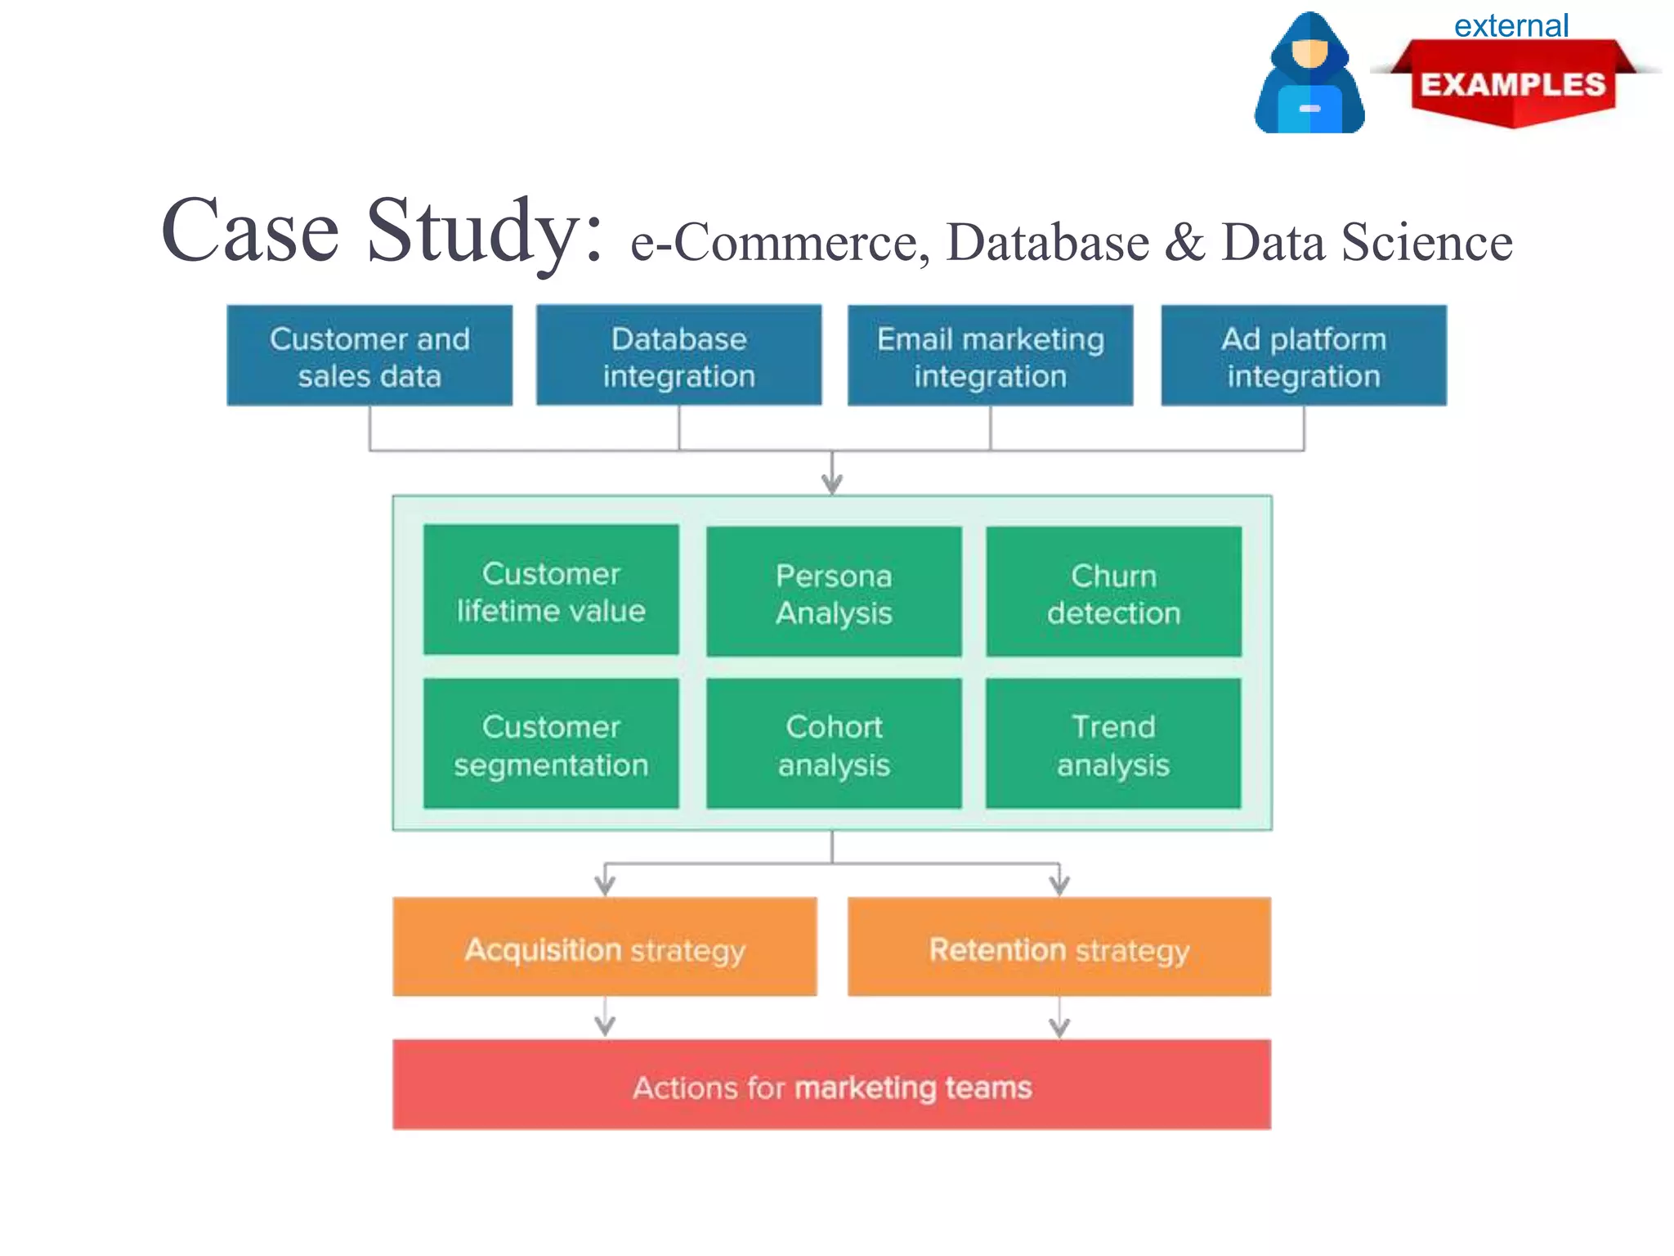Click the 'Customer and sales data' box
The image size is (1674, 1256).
click(369, 357)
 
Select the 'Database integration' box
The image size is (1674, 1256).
click(678, 357)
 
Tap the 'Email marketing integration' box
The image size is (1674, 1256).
click(990, 357)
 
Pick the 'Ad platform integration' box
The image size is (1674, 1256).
click(1304, 357)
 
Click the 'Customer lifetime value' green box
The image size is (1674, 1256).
click(551, 590)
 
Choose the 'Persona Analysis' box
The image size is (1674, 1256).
click(834, 592)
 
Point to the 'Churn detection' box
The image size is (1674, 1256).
click(1113, 592)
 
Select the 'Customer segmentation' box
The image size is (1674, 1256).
click(551, 744)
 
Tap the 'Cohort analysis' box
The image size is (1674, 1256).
click(834, 744)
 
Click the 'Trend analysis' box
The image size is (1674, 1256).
click(1113, 744)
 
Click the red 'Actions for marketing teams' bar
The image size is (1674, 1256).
click(832, 1085)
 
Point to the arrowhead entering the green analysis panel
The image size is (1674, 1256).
click(832, 484)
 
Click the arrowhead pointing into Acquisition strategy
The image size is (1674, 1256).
click(605, 885)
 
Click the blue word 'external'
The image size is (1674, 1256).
click(1511, 26)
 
